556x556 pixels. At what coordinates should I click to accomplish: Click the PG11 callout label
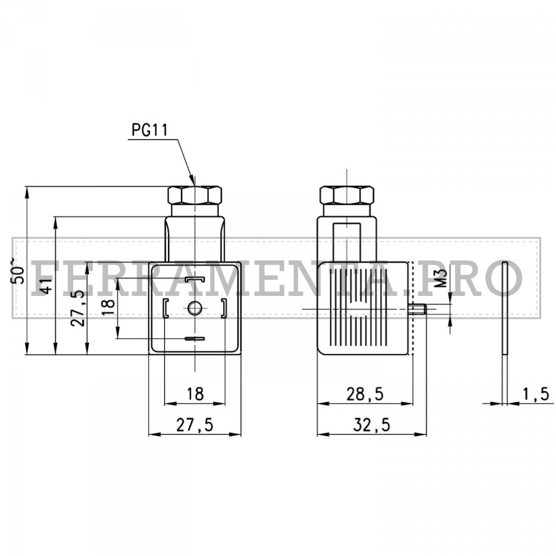coord(150,130)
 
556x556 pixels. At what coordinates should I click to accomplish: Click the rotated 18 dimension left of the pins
coord(108,308)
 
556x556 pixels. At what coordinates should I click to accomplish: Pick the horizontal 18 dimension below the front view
coord(195,394)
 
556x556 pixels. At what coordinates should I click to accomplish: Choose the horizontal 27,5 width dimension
coord(195,424)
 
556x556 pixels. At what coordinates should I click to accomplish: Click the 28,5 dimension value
coord(364,394)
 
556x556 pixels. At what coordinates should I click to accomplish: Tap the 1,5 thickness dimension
coord(536,394)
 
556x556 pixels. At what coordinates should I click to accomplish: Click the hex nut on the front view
coord(195,195)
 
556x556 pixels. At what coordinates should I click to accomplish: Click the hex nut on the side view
coord(347,195)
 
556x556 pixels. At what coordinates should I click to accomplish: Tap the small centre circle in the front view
coord(195,308)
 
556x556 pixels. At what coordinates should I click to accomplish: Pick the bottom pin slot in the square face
coord(195,339)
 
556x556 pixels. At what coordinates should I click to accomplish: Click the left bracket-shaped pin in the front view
coord(166,308)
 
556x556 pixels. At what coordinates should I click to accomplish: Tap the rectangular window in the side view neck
coord(347,241)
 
